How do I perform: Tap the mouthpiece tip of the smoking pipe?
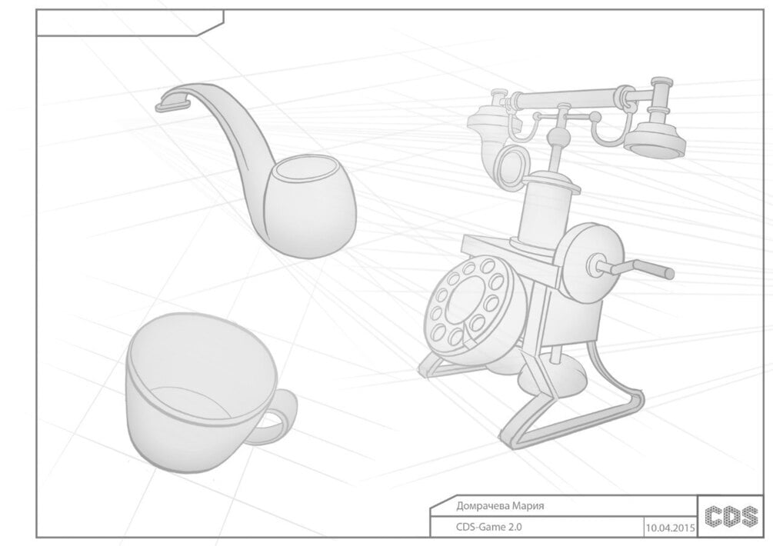coord(172,104)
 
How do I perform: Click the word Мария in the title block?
coord(528,506)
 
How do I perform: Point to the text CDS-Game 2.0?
coord(488,527)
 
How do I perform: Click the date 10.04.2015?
coord(670,528)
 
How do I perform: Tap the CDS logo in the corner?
coord(731,516)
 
